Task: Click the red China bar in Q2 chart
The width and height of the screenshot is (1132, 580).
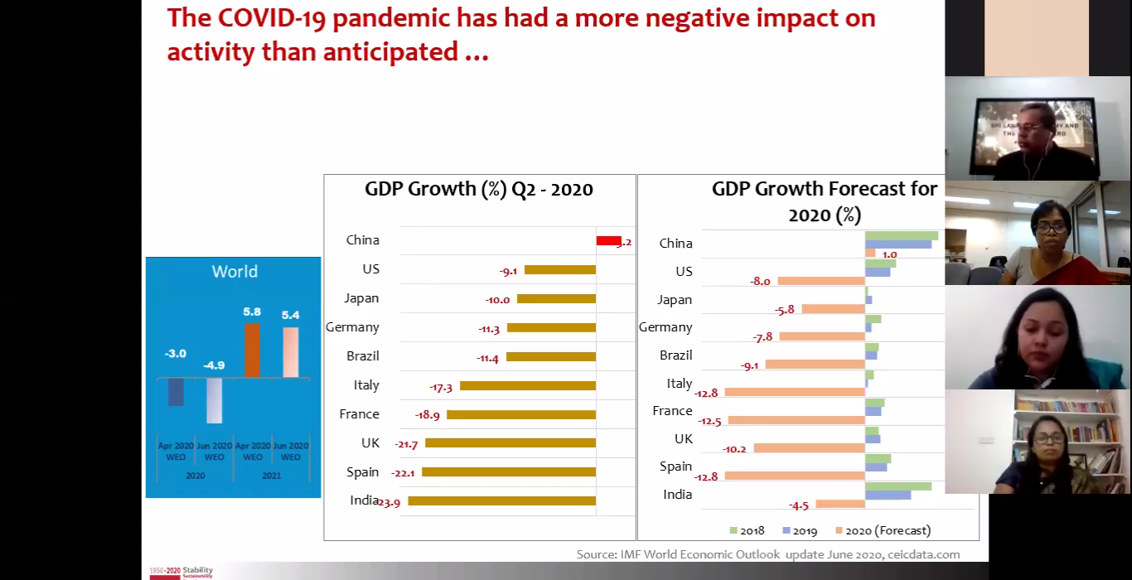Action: pos(608,241)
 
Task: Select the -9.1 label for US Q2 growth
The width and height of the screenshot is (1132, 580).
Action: pos(508,270)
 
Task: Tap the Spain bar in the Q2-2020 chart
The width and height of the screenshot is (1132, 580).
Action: pos(508,472)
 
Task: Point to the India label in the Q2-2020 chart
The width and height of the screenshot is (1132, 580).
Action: pos(364,500)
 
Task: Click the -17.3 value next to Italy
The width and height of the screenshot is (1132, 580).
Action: pos(441,387)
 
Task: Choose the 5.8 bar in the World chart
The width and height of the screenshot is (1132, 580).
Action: pos(252,350)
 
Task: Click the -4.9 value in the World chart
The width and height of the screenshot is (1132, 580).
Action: pos(214,365)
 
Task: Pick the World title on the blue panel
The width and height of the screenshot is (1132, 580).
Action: pos(235,272)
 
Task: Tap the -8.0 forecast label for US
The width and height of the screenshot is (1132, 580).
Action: pos(760,282)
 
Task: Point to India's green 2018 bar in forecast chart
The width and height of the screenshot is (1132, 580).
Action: pos(897,486)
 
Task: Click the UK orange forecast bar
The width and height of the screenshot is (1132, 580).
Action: pos(809,448)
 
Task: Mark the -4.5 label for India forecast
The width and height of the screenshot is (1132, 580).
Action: pos(799,505)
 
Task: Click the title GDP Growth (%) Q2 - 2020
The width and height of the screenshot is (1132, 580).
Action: pos(479,189)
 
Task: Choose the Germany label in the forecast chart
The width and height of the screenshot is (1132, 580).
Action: pos(665,327)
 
